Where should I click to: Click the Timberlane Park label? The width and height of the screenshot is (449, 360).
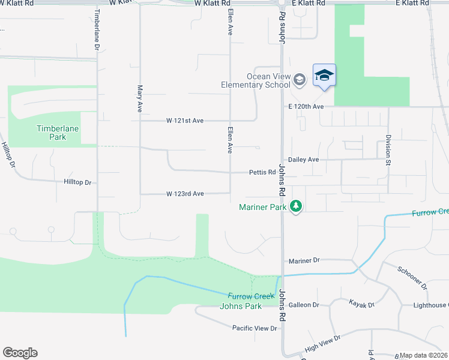pos(58,133)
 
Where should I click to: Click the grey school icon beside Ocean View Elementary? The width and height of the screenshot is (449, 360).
pos(300,79)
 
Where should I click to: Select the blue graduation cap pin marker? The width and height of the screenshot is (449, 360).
pos(324,75)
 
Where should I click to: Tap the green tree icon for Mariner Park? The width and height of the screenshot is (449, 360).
pos(295,206)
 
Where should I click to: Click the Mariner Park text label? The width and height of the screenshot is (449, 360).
pos(262,207)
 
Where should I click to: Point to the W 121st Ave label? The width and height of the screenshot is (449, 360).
pos(185,121)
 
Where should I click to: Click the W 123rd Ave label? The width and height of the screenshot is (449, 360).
pos(185,194)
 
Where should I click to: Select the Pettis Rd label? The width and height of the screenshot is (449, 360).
pos(262,172)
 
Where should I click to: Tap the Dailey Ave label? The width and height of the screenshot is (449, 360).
pos(303,160)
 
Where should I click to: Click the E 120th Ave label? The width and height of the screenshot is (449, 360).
pos(306,106)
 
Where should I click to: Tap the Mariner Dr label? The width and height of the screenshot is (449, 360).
pos(304,260)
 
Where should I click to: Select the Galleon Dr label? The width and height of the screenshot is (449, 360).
pos(304,305)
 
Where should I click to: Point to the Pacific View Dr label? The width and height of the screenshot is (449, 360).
pos(255,328)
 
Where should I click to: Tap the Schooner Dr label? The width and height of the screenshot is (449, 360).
pos(412,277)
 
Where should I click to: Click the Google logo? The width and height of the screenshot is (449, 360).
pos(20,353)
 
